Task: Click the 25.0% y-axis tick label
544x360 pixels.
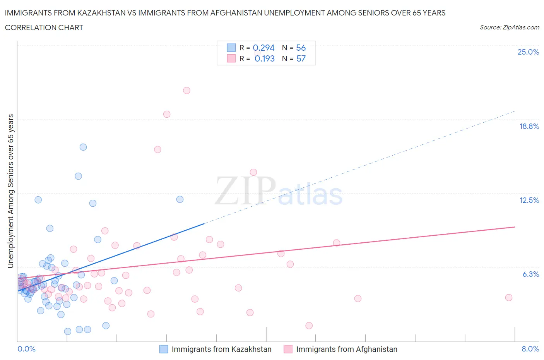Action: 528,52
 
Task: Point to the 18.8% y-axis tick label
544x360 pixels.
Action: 529,126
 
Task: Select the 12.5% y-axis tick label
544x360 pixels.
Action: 529,200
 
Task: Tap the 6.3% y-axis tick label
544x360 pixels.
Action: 530,274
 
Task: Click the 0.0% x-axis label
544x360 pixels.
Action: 26,349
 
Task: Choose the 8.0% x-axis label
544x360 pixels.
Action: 530,349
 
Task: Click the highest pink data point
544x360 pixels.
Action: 186,91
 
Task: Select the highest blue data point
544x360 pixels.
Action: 83,147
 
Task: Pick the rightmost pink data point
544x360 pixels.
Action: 509,298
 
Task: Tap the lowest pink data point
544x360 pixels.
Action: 309,326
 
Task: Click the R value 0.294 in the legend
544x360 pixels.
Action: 263,48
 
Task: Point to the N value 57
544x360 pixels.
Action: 301,58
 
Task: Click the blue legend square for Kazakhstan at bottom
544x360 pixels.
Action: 164,349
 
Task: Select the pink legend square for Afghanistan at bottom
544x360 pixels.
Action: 288,349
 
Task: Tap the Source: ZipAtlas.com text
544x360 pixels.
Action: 509,27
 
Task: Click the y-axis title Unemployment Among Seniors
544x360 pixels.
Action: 11,191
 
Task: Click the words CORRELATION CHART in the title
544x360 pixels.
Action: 44,27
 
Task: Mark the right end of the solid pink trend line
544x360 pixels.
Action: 515,227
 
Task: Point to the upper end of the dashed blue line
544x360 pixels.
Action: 515,111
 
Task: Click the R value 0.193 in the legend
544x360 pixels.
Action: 265,58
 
